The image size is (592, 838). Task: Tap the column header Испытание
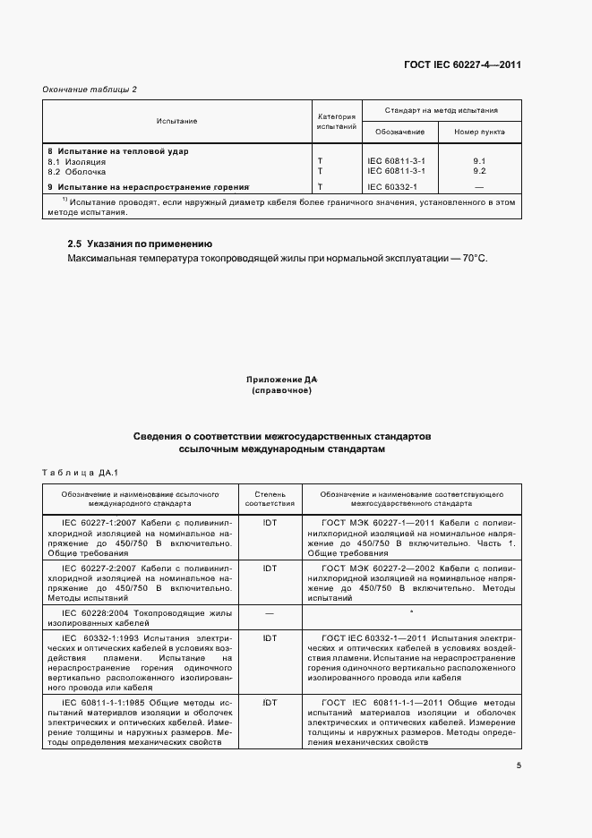176,121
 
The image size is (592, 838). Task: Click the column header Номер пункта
479,132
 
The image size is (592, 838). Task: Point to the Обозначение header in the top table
399,132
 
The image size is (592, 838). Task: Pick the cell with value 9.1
479,161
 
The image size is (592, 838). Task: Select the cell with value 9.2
479,170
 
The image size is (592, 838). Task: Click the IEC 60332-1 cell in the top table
392,186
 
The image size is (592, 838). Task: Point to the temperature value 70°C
474,258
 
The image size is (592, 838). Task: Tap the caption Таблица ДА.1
80,472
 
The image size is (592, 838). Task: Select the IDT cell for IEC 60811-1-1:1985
270,703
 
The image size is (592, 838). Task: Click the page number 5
519,765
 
